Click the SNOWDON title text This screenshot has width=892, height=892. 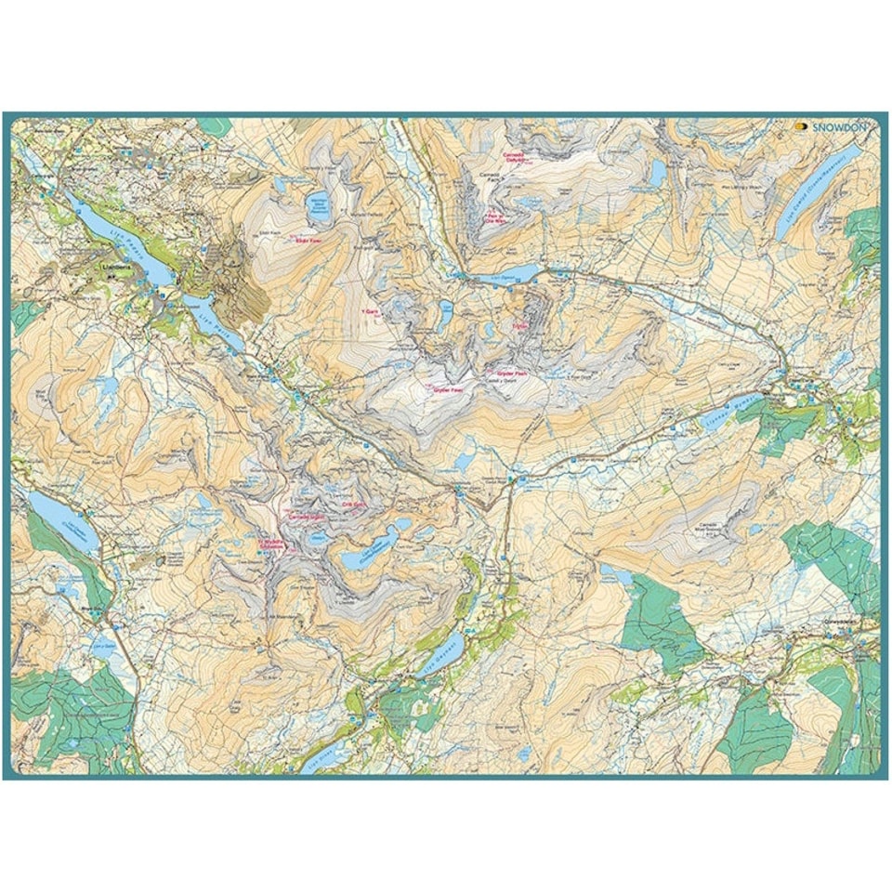pos(842,128)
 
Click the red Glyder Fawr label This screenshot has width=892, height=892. pos(448,390)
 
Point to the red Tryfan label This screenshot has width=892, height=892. pos(519,326)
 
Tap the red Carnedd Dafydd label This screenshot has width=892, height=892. pos(515,158)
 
